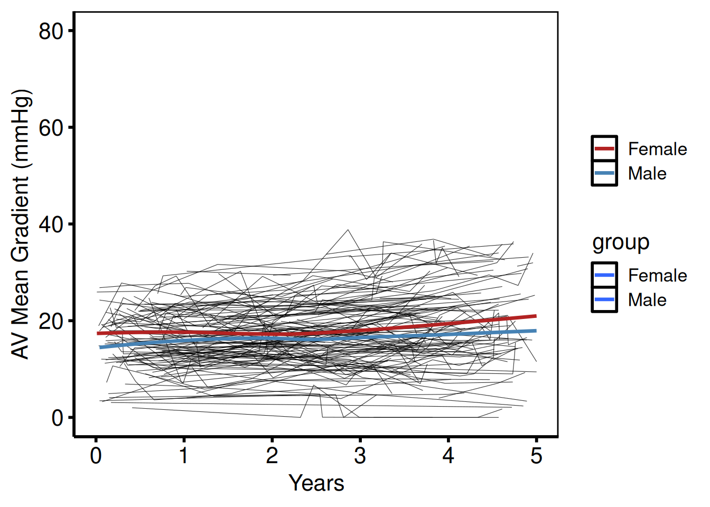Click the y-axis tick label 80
click(x=51, y=31)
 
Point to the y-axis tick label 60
click(x=51, y=128)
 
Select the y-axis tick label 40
click(x=51, y=224)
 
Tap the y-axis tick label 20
click(x=51, y=321)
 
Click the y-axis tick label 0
click(x=57, y=418)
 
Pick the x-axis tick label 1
click(x=184, y=455)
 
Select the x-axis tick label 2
click(x=272, y=455)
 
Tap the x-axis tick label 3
click(x=360, y=455)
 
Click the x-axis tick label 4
click(x=448, y=455)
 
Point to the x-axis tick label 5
click(x=536, y=455)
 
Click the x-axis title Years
click(x=316, y=483)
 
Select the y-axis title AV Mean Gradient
click(x=21, y=224)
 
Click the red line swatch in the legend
click(x=604, y=149)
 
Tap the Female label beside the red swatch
click(x=657, y=149)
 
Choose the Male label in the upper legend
click(x=647, y=173)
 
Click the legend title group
click(x=621, y=242)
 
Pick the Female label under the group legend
click(x=657, y=275)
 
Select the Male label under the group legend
click(x=647, y=300)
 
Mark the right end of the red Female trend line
click(x=536, y=316)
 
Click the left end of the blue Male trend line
click(x=100, y=347)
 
